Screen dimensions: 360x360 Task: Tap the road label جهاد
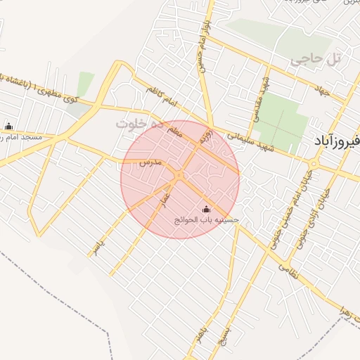point(323,90)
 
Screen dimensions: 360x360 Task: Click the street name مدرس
point(150,162)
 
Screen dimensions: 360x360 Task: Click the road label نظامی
point(289,269)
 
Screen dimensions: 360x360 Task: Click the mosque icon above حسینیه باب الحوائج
point(206,209)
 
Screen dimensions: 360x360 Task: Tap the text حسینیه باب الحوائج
point(207,220)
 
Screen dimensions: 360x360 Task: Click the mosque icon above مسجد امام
point(8,127)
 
